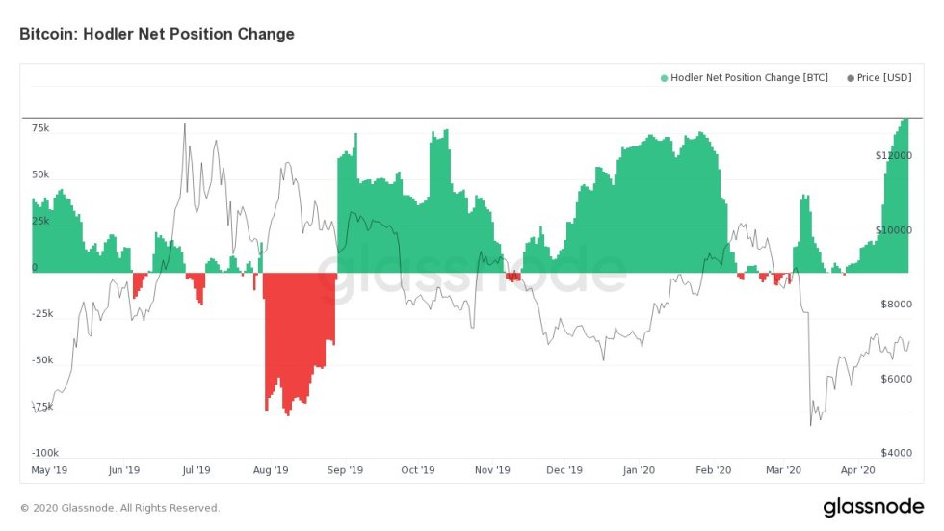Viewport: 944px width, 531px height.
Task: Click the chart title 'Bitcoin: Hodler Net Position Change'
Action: (157, 34)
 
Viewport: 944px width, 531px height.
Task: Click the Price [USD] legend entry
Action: (881, 78)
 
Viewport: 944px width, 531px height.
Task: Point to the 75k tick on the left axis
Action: (40, 128)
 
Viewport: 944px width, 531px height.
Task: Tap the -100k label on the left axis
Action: (44, 452)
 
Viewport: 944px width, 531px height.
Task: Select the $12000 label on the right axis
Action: (891, 155)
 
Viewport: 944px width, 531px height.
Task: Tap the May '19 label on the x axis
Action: (49, 470)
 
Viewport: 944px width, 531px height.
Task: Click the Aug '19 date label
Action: (271, 470)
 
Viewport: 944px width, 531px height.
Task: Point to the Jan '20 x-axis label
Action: (639, 470)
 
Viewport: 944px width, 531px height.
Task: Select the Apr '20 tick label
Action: (857, 470)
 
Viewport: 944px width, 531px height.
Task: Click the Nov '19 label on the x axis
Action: (491, 470)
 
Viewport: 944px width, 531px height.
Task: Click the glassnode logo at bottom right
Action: (874, 507)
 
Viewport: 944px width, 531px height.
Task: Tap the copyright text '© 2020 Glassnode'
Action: (119, 508)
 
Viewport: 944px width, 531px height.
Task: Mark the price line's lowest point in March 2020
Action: (811, 425)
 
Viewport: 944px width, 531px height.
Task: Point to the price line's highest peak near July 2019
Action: (184, 124)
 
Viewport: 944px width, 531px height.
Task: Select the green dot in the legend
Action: (664, 78)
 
